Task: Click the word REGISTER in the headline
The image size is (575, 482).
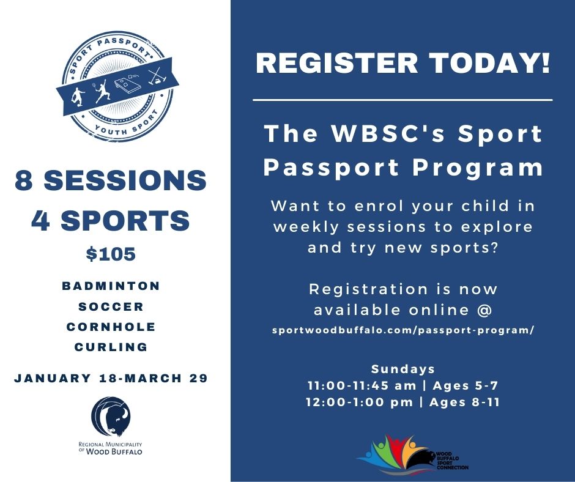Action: (337, 63)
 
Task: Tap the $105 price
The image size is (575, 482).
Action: (111, 254)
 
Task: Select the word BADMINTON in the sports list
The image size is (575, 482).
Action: (111, 286)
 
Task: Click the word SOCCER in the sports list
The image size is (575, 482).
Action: (111, 306)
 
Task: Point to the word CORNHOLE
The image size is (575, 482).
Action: (111, 327)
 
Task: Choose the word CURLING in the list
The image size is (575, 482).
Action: (111, 347)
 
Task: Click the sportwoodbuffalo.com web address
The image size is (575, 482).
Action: (403, 330)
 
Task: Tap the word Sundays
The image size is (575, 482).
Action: (403, 369)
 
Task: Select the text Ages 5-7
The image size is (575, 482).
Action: (466, 385)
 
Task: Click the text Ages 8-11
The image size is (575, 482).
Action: (465, 402)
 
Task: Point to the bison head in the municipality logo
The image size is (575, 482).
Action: (116, 418)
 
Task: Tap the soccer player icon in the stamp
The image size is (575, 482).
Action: (78, 97)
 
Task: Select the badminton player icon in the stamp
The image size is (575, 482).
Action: (102, 91)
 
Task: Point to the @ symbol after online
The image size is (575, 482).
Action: (484, 310)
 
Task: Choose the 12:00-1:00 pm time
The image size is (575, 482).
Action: (360, 402)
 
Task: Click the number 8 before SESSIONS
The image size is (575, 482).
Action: (24, 180)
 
